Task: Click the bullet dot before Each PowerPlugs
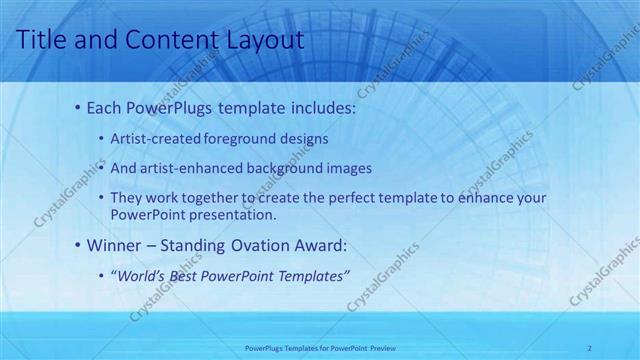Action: (78, 107)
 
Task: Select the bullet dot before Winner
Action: (78, 244)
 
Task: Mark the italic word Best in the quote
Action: (189, 275)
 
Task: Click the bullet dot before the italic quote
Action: (103, 275)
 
